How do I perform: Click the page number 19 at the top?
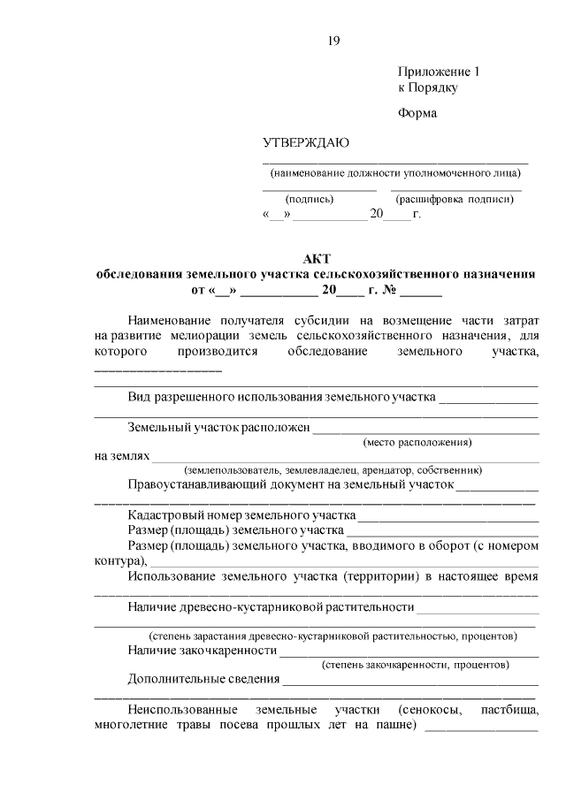[x=333, y=40]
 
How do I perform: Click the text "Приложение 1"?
[x=438, y=72]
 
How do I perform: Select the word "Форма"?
[x=417, y=113]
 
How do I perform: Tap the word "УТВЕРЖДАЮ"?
[x=306, y=144]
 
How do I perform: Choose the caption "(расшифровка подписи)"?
[x=455, y=200]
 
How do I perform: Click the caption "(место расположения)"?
[x=417, y=442]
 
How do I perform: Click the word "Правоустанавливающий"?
[x=203, y=485]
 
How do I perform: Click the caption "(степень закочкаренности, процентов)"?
[x=416, y=664]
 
